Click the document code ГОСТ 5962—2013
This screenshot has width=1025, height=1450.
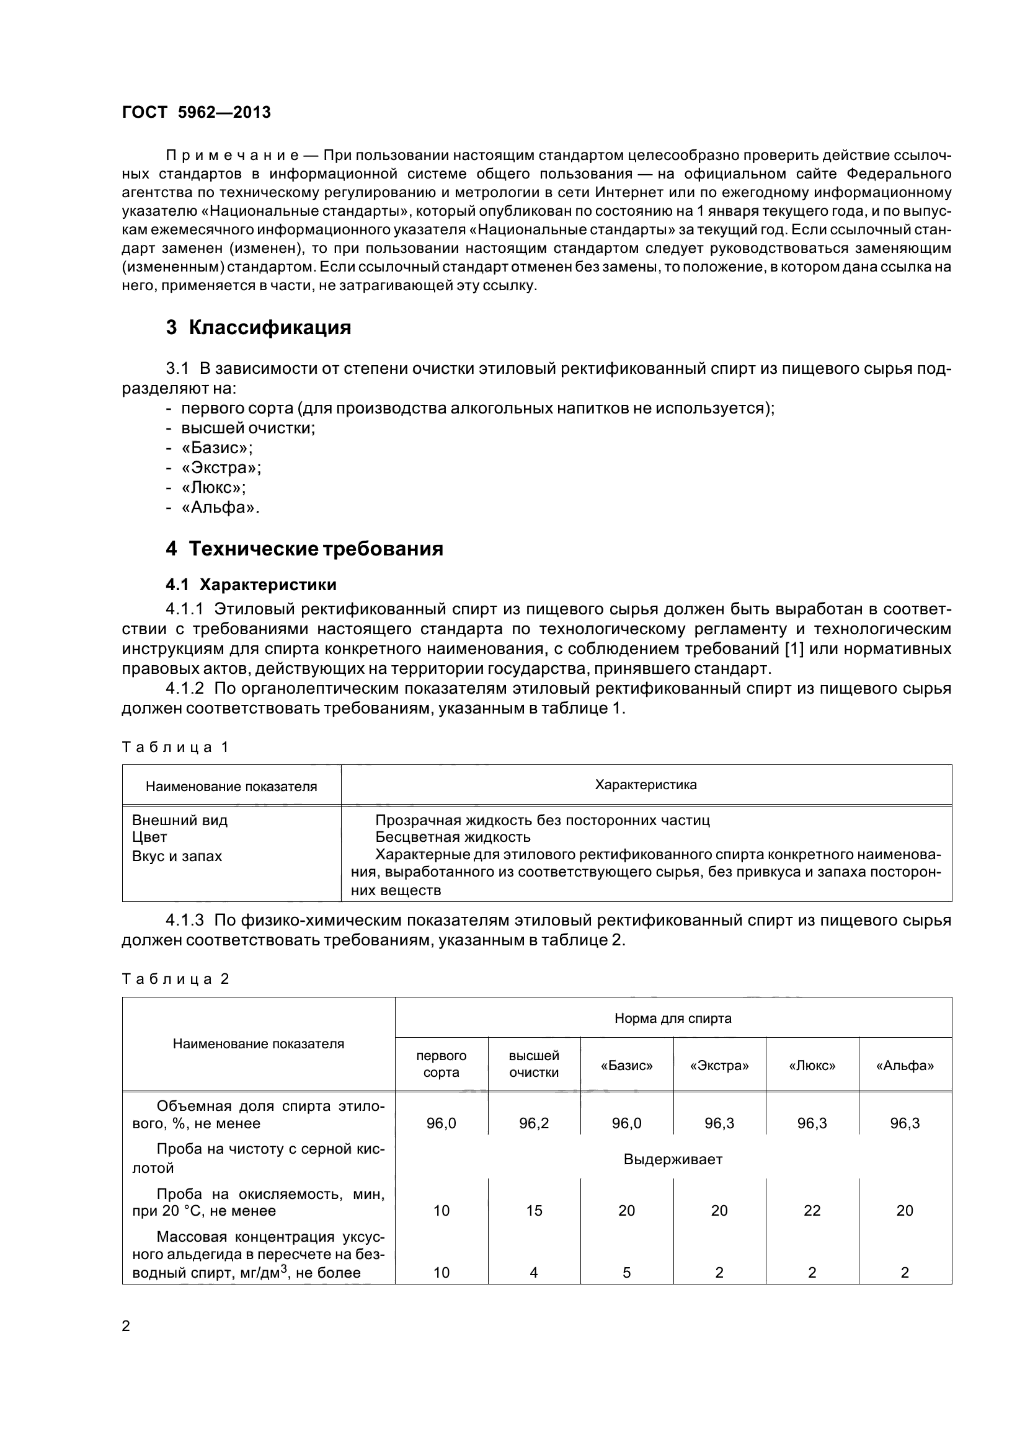coord(196,112)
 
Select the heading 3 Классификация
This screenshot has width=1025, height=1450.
coord(259,328)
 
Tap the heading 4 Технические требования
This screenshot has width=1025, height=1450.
coord(304,548)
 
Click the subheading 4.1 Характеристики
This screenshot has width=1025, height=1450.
coord(251,584)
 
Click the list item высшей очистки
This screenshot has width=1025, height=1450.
coord(247,428)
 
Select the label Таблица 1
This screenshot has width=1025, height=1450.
coord(174,747)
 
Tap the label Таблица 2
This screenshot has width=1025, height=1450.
coord(175,979)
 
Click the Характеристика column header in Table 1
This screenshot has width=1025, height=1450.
coord(646,785)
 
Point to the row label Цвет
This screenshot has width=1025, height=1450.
coord(149,838)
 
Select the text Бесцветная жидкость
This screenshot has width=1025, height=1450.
coord(452,838)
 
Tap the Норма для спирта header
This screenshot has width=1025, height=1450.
coord(673,1018)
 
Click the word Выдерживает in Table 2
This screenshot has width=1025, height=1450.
coord(673,1159)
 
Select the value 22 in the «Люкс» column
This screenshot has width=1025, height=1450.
coord(812,1211)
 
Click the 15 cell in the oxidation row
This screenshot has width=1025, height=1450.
coord(534,1211)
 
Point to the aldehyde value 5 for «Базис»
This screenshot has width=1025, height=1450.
coord(626,1273)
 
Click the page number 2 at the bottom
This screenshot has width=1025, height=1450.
coord(126,1326)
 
